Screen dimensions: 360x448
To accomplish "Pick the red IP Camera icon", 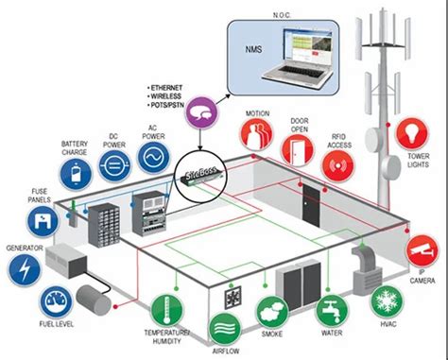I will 422,248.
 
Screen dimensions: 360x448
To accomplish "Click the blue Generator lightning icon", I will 25,269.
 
